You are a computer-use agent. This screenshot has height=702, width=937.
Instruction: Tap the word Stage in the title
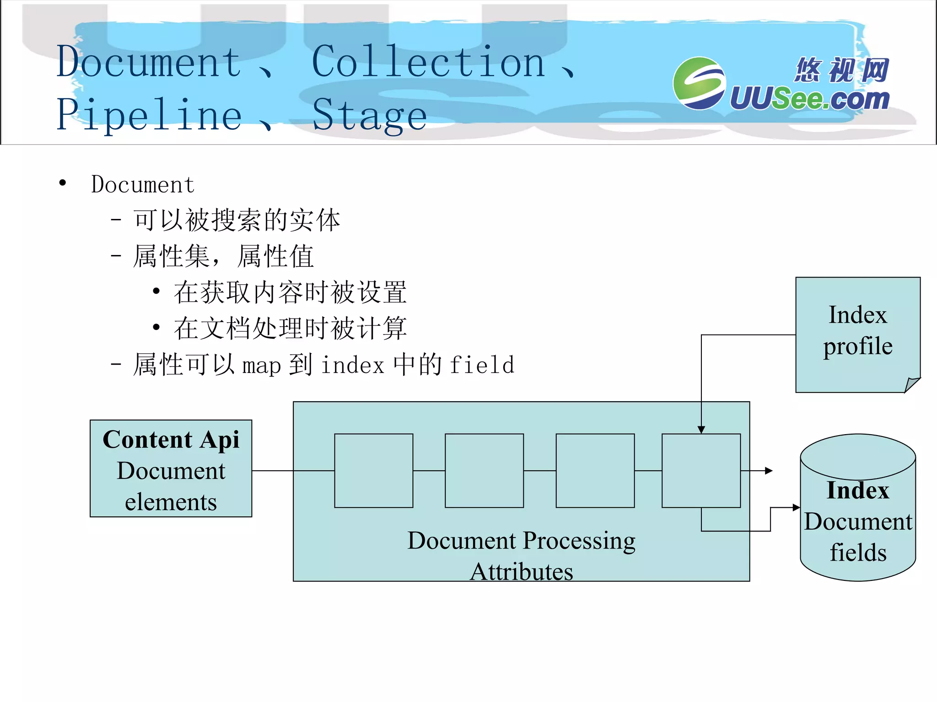pos(370,115)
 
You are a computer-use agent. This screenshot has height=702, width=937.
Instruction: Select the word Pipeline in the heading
pos(149,115)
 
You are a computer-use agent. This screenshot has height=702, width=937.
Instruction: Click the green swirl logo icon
pos(699,83)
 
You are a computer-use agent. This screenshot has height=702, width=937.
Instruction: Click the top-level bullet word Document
pos(143,185)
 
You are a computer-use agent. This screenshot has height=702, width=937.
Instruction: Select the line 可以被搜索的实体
pos(237,220)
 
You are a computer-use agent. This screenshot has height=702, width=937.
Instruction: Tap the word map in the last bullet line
pos(261,366)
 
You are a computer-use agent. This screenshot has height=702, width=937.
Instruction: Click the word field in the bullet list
pos(482,365)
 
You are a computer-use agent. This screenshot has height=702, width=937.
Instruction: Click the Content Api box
pos(171,468)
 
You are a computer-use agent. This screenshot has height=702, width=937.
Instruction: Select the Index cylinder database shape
pos(858,507)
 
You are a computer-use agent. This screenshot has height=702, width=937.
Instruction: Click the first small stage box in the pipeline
pos(373,471)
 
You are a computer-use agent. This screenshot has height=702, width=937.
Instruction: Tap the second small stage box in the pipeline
pos(484,471)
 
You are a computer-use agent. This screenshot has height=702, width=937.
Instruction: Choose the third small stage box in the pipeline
pos(595,471)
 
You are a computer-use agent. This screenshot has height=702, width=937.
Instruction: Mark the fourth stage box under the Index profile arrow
pos(701,471)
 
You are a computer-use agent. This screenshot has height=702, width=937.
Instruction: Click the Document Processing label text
pos(521,541)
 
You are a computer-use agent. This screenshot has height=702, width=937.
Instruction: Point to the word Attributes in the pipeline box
pos(521,572)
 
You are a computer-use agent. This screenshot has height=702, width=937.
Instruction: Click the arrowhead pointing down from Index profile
pos(701,430)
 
